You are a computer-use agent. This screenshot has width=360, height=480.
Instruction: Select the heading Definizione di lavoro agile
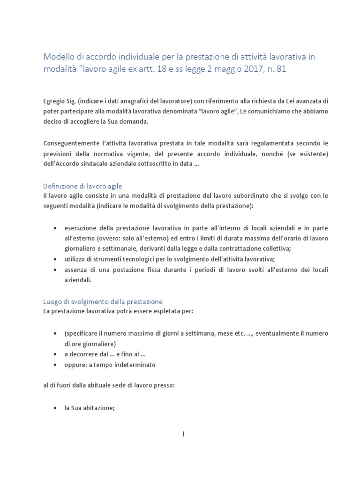[x=82, y=186]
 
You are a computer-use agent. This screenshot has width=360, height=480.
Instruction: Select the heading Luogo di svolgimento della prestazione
[x=103, y=301]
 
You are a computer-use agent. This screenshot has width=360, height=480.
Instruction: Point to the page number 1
[x=184, y=434]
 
